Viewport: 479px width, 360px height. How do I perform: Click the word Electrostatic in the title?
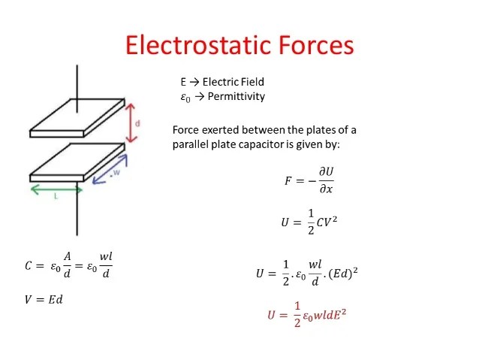pos(191,45)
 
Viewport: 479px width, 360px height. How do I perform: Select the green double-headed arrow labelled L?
pos(56,190)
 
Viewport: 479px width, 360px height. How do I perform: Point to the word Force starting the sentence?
pos(188,129)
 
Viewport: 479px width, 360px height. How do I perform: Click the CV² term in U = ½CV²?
pos(319,222)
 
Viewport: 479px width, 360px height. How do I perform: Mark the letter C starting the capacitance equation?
pos(29,266)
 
